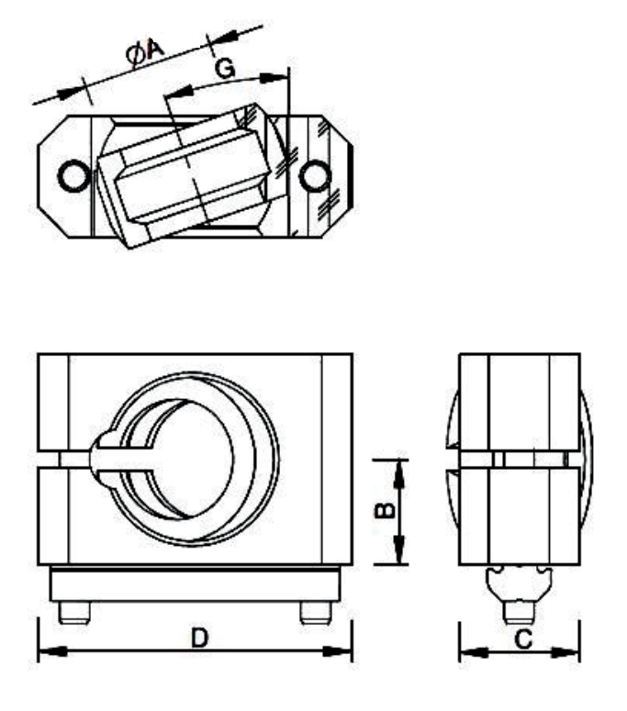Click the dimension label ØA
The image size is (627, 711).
pyautogui.click(x=145, y=54)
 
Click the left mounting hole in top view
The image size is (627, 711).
pyautogui.click(x=71, y=174)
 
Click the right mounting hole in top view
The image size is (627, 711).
pyautogui.click(x=315, y=174)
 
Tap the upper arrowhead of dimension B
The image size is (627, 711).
pyautogui.click(x=400, y=467)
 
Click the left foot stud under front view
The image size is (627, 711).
pyautogui.click(x=70, y=613)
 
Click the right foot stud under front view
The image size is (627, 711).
pyautogui.click(x=312, y=613)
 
